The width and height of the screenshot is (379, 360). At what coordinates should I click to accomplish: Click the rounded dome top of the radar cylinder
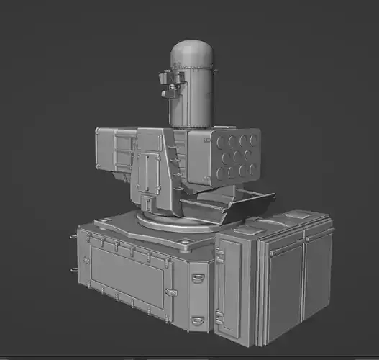click(x=192, y=52)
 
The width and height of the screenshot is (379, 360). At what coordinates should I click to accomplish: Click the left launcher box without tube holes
click(x=115, y=150)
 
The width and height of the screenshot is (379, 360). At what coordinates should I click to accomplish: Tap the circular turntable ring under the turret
click(x=173, y=222)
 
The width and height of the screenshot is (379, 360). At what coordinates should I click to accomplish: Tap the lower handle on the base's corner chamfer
click(x=198, y=319)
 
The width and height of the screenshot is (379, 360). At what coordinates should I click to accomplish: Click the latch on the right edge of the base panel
click(x=171, y=292)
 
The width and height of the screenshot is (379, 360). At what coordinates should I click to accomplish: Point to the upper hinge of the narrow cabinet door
click(x=219, y=255)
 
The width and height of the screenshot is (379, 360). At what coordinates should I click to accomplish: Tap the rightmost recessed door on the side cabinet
click(x=317, y=274)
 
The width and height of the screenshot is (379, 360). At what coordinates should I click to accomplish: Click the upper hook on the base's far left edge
click(x=74, y=237)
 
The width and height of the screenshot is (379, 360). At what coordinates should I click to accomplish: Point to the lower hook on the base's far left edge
click(x=74, y=270)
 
